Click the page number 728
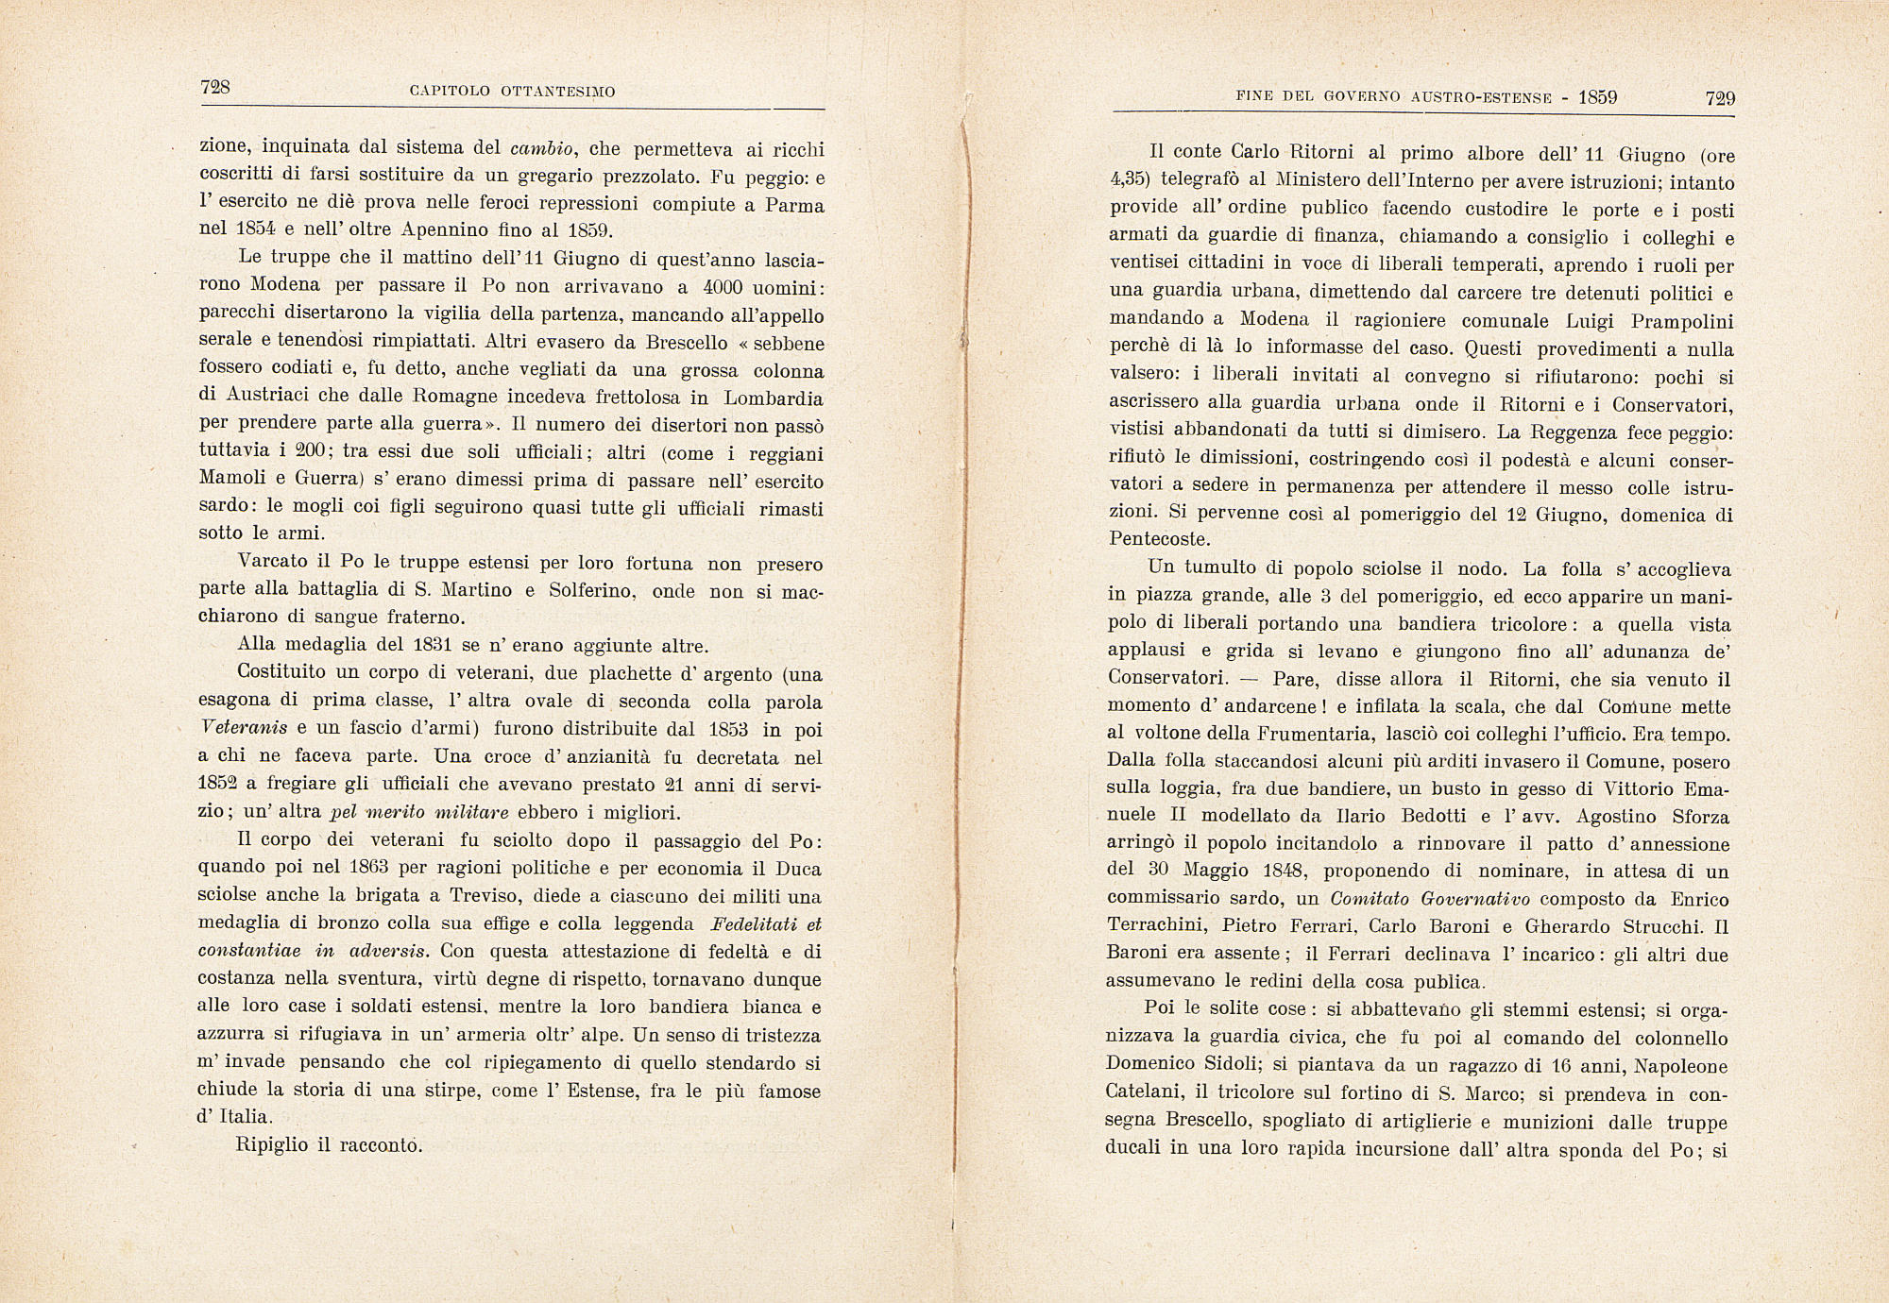point(215,87)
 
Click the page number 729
point(1720,98)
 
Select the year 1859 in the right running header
point(1598,97)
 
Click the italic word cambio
point(542,148)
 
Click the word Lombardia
point(774,398)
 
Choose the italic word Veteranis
point(242,730)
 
